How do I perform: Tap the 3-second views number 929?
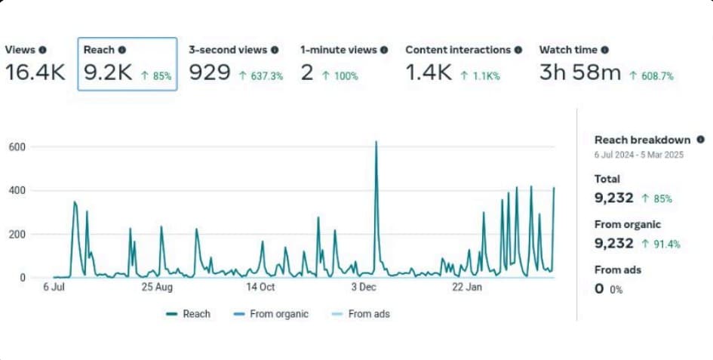[x=209, y=73]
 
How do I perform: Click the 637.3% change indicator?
[x=261, y=75]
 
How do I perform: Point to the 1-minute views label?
[x=339, y=50]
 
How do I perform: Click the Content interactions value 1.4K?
[x=429, y=73]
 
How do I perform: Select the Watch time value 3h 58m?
[x=579, y=73]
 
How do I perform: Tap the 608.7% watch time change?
[x=651, y=75]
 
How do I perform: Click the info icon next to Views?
[x=42, y=50]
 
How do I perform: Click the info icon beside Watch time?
[x=604, y=50]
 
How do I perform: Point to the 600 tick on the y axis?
[x=17, y=146]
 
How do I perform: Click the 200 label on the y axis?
[x=17, y=234]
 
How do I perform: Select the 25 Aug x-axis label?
[x=157, y=287]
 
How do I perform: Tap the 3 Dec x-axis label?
[x=364, y=287]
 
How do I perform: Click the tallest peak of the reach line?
[x=376, y=142]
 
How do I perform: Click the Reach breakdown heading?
[x=642, y=140]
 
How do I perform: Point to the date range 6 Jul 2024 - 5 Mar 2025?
[x=638, y=154]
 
